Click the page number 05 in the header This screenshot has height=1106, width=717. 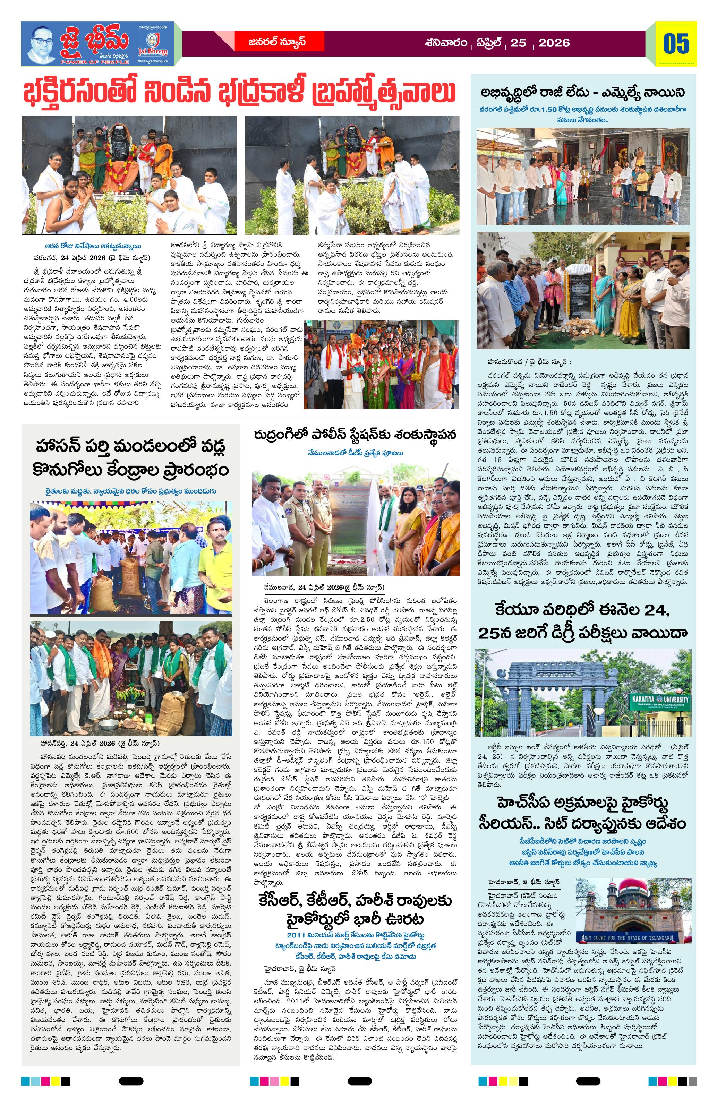tap(676, 44)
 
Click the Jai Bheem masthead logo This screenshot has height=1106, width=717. tap(97, 44)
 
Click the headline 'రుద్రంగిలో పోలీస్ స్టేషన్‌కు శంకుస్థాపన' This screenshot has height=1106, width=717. tap(356, 435)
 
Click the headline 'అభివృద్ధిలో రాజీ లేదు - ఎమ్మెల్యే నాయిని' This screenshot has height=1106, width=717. tap(583, 93)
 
